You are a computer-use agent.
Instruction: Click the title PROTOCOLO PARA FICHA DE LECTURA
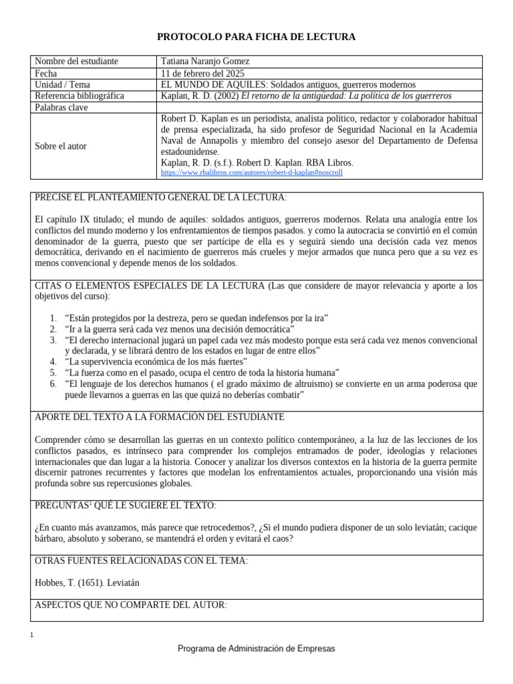click(x=256, y=37)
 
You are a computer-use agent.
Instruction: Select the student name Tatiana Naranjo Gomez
click(x=205, y=61)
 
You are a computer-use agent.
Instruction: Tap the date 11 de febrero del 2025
click(x=203, y=73)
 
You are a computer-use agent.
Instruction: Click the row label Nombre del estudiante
click(x=76, y=61)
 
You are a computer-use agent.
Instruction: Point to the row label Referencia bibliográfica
click(x=79, y=96)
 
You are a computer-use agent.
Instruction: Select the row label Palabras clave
click(x=62, y=108)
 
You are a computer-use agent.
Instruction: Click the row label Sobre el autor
click(x=61, y=146)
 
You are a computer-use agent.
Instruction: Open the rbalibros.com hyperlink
click(x=252, y=172)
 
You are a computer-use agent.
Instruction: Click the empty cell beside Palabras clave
click(x=319, y=108)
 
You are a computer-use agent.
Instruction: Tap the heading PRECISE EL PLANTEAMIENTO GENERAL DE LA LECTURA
click(x=160, y=198)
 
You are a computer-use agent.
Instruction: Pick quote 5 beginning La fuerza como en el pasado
click(x=202, y=372)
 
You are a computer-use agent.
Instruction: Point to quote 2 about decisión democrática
click(x=180, y=329)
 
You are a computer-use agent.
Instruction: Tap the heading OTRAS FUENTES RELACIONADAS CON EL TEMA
click(x=140, y=560)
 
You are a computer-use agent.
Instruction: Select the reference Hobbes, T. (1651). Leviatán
click(x=87, y=582)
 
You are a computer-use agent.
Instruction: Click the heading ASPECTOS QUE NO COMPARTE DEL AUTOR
click(x=130, y=605)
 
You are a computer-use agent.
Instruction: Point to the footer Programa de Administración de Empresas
click(x=256, y=649)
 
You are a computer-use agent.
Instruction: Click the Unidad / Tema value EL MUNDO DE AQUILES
click(x=289, y=85)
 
